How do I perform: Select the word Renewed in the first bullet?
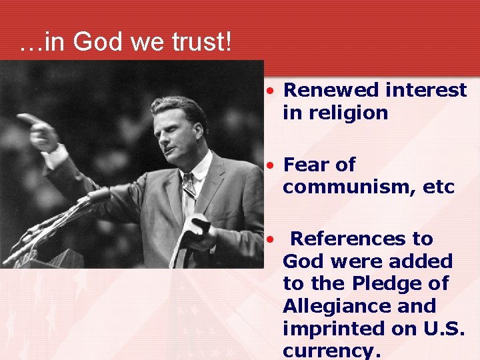(x=325, y=90)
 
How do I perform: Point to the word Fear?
(x=306, y=165)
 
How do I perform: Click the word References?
(x=362, y=239)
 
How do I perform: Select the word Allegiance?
(x=340, y=306)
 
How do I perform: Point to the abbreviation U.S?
(x=443, y=329)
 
